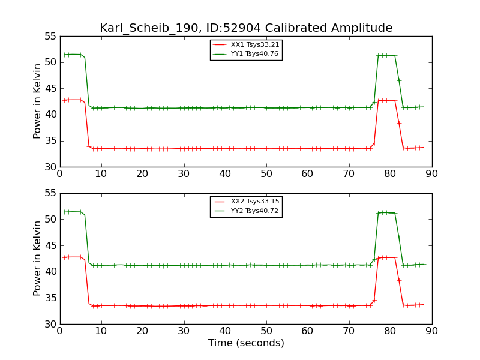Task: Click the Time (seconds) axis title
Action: click(246, 343)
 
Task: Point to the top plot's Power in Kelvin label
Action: click(38, 101)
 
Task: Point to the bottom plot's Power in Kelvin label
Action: click(38, 259)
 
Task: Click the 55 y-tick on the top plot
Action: click(50, 37)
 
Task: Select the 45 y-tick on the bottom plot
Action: click(50, 246)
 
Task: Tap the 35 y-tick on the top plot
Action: click(50, 141)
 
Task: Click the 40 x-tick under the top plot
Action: click(225, 174)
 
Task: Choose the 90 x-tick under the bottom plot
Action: click(432, 331)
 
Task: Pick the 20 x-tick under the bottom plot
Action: click(142, 331)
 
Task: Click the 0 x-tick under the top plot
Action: click(59, 174)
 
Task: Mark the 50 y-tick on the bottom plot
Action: click(50, 220)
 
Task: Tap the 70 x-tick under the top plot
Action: click(349, 174)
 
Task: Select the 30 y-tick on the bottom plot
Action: click(50, 324)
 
